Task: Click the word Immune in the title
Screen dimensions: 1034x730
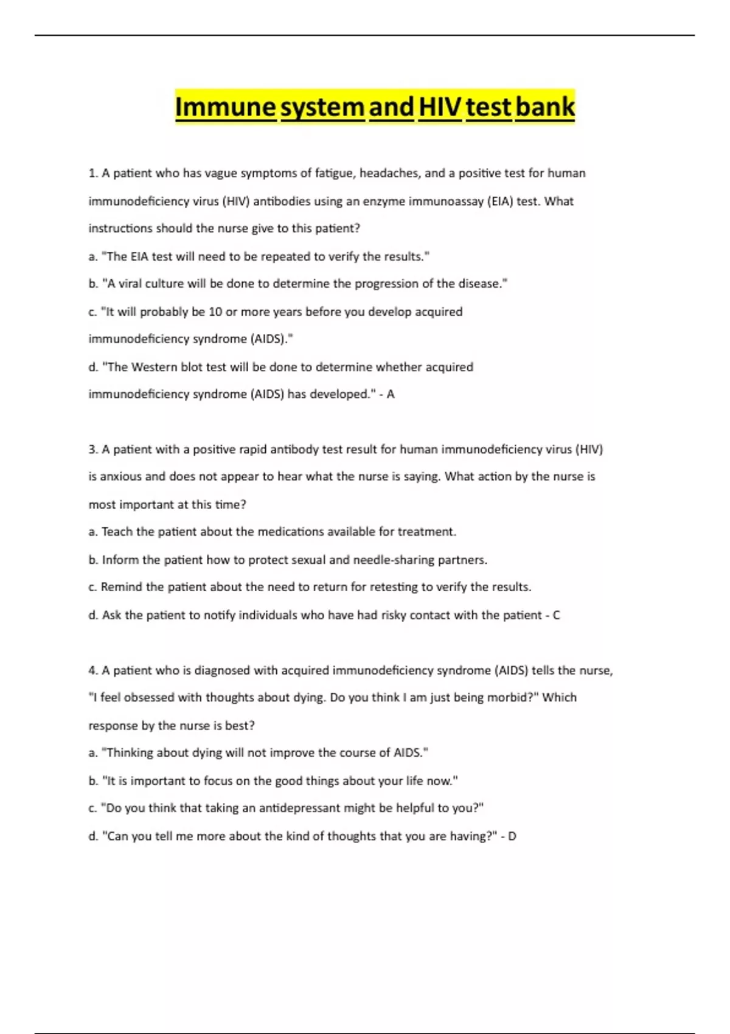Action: [x=226, y=108]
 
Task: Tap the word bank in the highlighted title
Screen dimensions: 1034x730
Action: [x=544, y=108]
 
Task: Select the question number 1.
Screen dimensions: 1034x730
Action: [x=92, y=173]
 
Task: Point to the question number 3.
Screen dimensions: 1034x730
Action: [x=92, y=449]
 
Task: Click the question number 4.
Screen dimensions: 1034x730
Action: [x=92, y=670]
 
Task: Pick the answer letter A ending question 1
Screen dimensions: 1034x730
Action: [x=391, y=394]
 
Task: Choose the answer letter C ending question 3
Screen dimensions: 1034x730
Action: [x=556, y=615]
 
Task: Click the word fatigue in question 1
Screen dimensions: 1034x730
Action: [x=334, y=173]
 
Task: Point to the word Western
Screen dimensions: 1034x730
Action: [x=154, y=367]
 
